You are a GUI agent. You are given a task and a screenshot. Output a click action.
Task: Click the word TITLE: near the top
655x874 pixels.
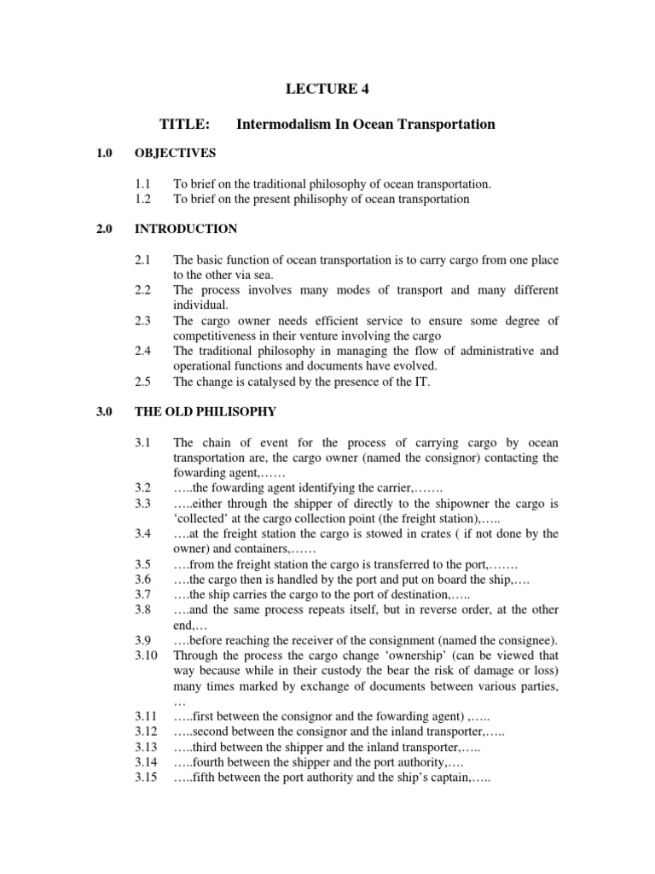point(184,125)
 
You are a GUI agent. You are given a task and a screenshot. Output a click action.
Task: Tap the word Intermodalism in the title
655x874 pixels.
point(275,125)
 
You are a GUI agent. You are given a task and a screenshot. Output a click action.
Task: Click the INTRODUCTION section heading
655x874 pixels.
point(186,230)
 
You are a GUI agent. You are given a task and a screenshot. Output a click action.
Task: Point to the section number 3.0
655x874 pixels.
point(104,411)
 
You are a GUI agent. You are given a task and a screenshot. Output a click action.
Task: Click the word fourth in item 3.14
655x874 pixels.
point(209,763)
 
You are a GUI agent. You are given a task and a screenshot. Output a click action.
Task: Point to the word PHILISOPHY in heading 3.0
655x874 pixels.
point(237,411)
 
